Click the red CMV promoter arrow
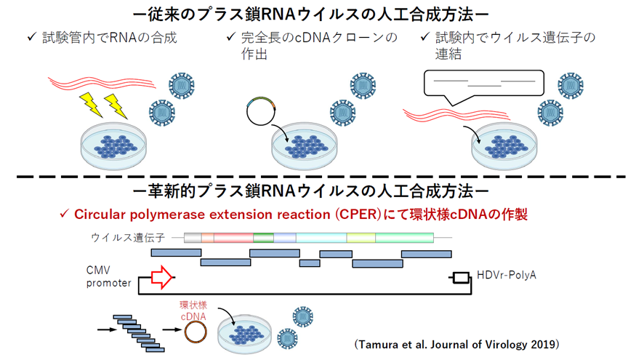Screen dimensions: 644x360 click(162, 277)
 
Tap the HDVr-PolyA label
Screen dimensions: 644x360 click(507, 275)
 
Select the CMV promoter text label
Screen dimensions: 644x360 click(108, 276)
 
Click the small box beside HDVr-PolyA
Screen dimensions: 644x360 click(462, 278)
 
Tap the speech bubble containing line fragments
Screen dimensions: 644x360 click(484, 87)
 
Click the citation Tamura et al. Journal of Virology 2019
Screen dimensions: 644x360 click(456, 344)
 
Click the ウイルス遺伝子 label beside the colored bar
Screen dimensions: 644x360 click(128, 238)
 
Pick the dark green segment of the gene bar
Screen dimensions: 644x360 click(264, 238)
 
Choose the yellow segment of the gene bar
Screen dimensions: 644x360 click(361, 238)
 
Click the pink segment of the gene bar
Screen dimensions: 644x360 click(233, 238)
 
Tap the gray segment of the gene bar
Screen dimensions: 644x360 click(193, 238)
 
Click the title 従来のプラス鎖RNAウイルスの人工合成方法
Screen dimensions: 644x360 click(311, 15)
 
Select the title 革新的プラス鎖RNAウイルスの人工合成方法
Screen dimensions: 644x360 click(311, 191)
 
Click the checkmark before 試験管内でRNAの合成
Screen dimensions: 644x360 click(32, 37)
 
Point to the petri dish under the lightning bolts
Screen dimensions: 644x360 click(114, 146)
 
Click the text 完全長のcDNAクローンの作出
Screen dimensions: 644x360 click(319, 46)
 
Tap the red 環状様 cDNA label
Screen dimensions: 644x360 click(193, 311)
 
